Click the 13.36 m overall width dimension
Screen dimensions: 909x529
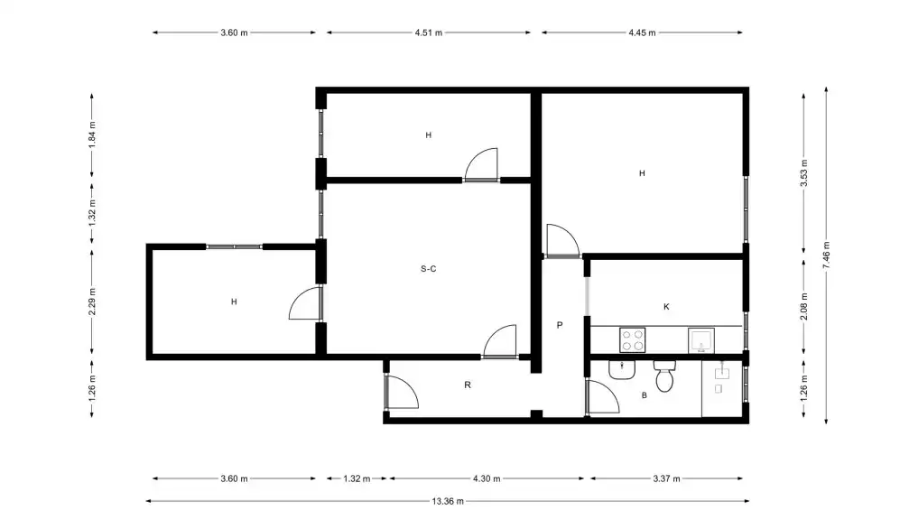[448, 502]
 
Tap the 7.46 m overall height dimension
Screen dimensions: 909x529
[826, 255]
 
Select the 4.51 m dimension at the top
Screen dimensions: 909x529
[429, 33]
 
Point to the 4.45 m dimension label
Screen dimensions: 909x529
[643, 33]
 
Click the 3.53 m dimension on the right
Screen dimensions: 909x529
[804, 172]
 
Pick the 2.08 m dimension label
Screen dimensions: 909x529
[804, 306]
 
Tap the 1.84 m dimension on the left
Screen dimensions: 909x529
[92, 135]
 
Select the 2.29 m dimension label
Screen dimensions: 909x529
[92, 302]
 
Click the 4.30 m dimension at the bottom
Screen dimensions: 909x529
[487, 479]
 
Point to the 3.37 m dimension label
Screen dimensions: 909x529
[667, 479]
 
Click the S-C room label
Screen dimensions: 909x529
[429, 269]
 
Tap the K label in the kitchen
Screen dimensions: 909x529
[667, 307]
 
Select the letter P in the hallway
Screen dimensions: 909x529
[560, 325]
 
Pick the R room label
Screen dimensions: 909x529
[468, 385]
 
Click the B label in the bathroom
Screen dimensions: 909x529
[645, 395]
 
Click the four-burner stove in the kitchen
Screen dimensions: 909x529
[633, 340]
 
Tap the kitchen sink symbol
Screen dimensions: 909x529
[700, 340]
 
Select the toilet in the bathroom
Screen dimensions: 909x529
[664, 376]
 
